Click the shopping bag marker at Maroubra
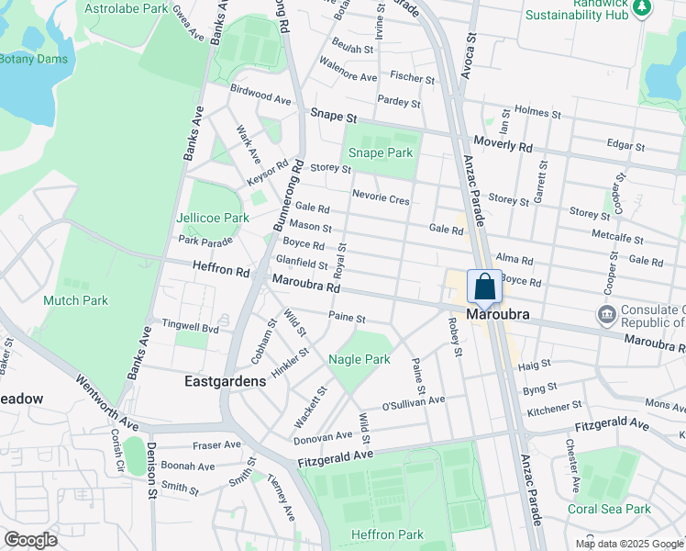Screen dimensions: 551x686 tap(484, 287)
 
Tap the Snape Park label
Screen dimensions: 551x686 tap(381, 152)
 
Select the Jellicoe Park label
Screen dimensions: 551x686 tap(213, 218)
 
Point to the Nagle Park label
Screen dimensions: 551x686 tap(360, 360)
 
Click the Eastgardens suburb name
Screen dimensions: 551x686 tap(225, 380)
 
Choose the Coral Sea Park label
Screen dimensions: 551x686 tap(608, 509)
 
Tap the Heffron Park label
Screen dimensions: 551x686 tap(387, 534)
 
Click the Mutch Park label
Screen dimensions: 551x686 tap(75, 300)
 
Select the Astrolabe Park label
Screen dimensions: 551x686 tap(126, 8)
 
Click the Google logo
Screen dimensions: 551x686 tap(30, 540)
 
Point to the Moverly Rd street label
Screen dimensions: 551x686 tap(503, 145)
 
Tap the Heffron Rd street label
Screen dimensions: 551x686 tap(221, 272)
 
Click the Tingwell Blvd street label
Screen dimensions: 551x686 tap(191, 327)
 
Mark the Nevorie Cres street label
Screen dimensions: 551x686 tap(381, 198)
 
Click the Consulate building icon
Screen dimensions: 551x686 tap(605, 315)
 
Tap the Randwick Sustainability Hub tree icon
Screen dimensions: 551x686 tap(643, 7)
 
